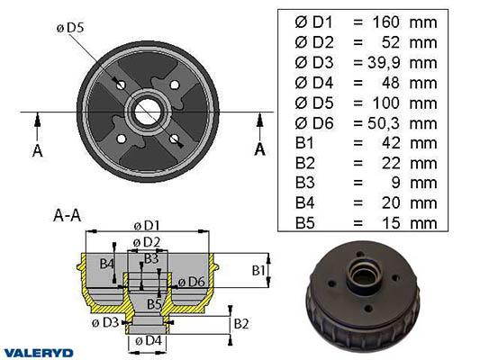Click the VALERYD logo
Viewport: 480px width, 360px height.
click(39, 353)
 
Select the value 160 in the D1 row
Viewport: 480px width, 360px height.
click(385, 22)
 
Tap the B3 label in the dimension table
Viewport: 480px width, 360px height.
click(305, 183)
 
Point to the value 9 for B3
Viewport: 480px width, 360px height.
click(395, 183)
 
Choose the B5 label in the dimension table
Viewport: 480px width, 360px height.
click(305, 222)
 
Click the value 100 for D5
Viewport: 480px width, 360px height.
click(385, 103)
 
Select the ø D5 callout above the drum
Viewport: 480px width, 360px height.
click(70, 28)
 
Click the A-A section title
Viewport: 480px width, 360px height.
click(67, 215)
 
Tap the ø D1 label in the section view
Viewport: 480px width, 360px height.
click(147, 226)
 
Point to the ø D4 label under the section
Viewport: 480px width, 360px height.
click(149, 340)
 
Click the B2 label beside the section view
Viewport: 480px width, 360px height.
click(241, 324)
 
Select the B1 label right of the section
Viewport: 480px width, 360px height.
click(258, 270)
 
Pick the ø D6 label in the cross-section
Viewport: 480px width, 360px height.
click(191, 282)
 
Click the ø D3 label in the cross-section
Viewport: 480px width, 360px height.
click(105, 322)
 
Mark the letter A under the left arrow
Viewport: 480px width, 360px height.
click(37, 151)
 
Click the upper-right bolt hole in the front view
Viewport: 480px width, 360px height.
click(175, 85)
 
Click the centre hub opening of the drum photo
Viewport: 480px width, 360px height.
click(363, 275)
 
